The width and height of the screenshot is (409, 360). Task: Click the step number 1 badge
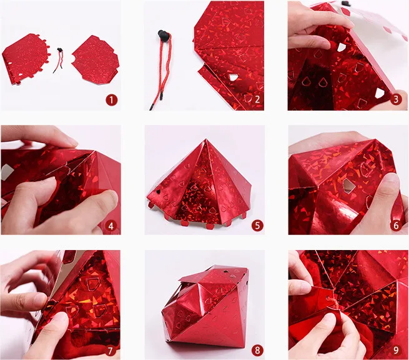[111, 100]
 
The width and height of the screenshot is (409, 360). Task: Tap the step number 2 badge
[257, 99]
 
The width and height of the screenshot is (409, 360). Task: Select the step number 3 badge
[396, 99]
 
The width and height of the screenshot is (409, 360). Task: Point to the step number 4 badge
[111, 226]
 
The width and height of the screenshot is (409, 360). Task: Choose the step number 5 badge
[257, 225]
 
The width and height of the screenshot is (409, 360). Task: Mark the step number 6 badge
[396, 225]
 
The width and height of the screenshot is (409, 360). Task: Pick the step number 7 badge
[110, 351]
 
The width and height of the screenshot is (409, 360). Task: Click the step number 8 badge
[257, 350]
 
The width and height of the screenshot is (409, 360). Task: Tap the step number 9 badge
[396, 350]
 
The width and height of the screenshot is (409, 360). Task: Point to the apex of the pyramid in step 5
[206, 139]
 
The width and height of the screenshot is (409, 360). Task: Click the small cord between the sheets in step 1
[59, 59]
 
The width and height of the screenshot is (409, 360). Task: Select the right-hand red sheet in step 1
[96, 61]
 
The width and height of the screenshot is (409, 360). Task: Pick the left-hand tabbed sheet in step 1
[26, 59]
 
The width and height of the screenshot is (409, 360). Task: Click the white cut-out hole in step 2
[233, 77]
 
